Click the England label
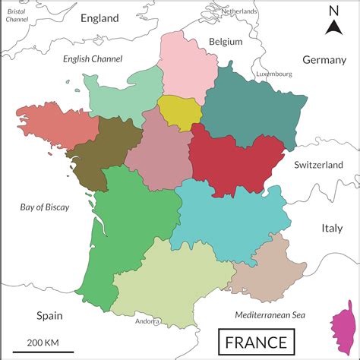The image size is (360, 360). click(99, 17)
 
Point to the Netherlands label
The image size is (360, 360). click(239, 12)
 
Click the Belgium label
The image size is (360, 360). click(226, 42)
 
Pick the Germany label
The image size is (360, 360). click(324, 60)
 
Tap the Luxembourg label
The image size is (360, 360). click(274, 74)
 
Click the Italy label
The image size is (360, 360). click(332, 228)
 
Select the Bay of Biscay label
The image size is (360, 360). click(44, 207)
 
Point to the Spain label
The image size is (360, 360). click(49, 315)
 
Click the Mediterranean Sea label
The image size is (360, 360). click(270, 314)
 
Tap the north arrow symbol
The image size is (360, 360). click(333, 29)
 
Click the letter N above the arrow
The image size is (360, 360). click(333, 11)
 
